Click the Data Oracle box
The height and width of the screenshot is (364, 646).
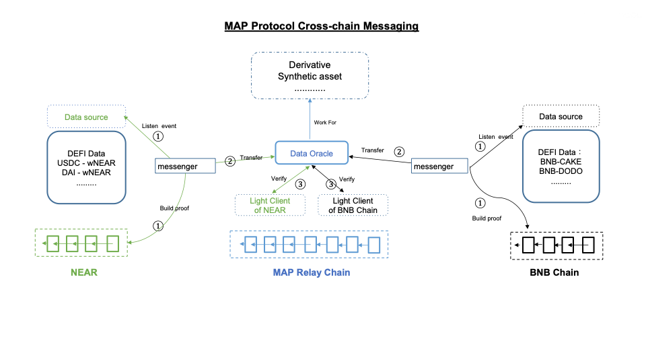(311, 153)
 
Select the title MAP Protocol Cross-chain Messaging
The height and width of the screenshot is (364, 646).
(322, 26)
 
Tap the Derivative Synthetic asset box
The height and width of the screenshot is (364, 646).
(310, 76)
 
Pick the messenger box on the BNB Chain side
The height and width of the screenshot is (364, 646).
(441, 166)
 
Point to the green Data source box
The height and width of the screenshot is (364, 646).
(86, 117)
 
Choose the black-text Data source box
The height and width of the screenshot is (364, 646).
(561, 117)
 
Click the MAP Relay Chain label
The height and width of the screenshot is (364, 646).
(311, 273)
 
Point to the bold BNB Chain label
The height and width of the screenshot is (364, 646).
(554, 273)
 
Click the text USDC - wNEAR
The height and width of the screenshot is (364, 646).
(86, 163)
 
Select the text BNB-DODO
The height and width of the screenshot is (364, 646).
(561, 171)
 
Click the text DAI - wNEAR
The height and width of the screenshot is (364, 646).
(86, 173)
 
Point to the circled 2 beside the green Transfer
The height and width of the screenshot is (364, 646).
(229, 161)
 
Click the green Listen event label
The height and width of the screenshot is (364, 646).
(159, 125)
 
